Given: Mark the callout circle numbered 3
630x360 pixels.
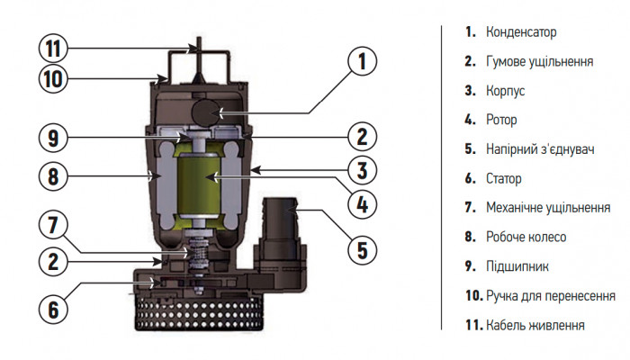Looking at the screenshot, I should pos(361,170).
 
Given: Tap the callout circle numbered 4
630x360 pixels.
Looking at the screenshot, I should pos(361,204).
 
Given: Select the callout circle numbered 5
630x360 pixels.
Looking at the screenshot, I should pos(361,249).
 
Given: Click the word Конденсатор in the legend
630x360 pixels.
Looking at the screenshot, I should pos(520,31).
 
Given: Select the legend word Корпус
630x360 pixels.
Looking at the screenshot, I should pos(505,91).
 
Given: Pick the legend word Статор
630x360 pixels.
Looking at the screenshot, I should pos(503,178).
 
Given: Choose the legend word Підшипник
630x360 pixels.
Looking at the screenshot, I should pos(517,266).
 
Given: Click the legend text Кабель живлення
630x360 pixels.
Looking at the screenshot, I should pos(535,325).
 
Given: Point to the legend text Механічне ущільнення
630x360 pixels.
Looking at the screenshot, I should pos(548,207).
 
